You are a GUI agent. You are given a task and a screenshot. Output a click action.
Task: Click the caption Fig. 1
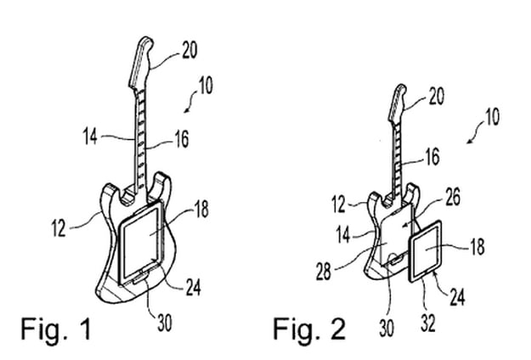(56, 329)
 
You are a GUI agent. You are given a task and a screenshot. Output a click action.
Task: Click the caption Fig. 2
(309, 329)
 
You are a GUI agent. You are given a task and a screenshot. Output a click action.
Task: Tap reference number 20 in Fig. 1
(189, 50)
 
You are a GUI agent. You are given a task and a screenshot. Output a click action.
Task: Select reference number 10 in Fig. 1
(206, 85)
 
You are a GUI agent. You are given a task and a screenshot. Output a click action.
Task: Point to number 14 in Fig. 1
(90, 137)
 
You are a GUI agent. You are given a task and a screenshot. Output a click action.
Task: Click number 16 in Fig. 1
(181, 139)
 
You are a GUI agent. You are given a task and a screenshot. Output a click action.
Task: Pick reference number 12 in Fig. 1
(59, 228)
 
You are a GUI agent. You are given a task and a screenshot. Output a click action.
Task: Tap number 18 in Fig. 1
(202, 209)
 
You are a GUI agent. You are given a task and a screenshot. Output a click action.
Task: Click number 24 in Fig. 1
(193, 288)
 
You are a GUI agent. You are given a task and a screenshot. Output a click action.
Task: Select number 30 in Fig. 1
(165, 323)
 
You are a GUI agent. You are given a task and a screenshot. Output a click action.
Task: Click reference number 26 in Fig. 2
(453, 197)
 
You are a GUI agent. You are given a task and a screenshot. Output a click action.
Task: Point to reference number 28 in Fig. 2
(324, 271)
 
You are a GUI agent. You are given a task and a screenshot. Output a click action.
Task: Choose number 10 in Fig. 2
(493, 116)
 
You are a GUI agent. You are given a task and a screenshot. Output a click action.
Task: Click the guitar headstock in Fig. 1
(142, 62)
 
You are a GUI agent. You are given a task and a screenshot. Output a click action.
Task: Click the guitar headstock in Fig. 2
(398, 103)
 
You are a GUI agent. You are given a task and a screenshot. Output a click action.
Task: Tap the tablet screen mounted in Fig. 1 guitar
(142, 242)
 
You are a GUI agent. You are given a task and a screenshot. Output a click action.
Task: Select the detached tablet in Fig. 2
(426, 251)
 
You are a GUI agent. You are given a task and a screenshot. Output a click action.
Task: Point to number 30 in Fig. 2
(387, 328)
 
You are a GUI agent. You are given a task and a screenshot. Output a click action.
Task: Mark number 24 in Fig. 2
(458, 296)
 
